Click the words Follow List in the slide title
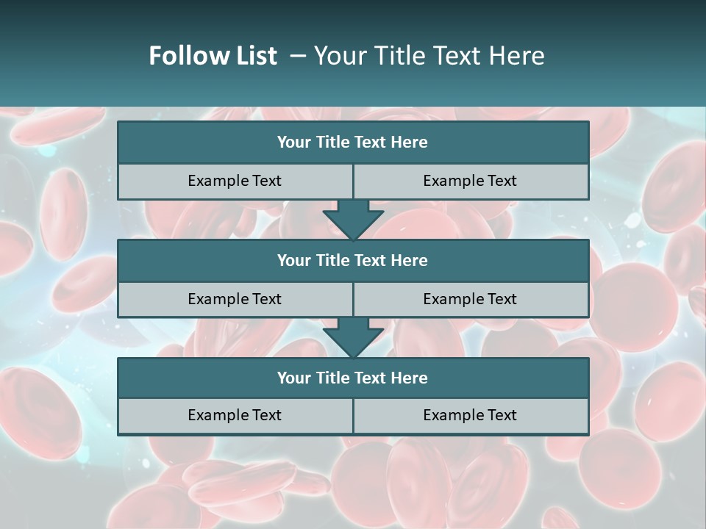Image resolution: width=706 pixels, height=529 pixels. (x=213, y=56)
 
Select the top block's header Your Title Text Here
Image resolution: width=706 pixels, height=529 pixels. (x=352, y=143)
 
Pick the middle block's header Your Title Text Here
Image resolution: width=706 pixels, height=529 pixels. (x=352, y=260)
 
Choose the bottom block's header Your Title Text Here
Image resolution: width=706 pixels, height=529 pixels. (x=352, y=378)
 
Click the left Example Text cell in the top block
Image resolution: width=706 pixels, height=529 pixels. (x=235, y=181)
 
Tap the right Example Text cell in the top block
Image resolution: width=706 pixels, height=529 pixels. (x=470, y=181)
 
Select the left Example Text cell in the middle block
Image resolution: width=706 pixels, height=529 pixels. (x=235, y=299)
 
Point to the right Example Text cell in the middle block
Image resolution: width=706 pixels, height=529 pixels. (x=470, y=299)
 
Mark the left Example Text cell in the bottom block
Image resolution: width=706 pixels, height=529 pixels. (x=235, y=415)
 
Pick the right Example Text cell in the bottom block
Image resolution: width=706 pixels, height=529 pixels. (x=470, y=415)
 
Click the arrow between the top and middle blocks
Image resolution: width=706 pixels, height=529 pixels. (x=353, y=220)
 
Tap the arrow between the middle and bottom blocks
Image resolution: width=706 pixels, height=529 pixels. (x=353, y=337)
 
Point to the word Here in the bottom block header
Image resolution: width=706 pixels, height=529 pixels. (x=409, y=378)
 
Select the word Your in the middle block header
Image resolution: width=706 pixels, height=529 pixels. (x=293, y=260)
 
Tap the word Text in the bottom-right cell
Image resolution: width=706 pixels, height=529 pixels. (x=502, y=415)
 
